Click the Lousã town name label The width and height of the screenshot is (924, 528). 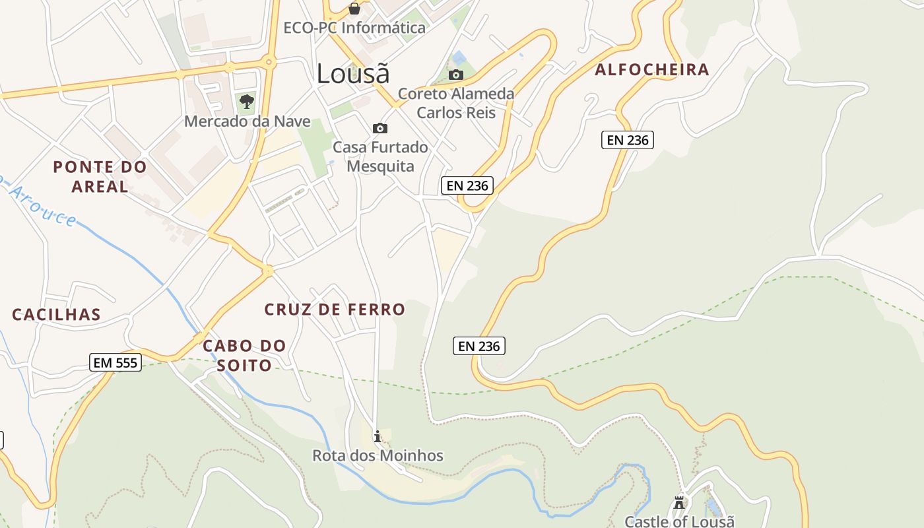pyautogui.click(x=353, y=73)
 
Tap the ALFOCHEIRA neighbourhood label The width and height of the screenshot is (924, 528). pyautogui.click(x=652, y=69)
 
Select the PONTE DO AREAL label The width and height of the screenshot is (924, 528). pyautogui.click(x=100, y=176)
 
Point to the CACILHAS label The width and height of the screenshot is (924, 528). pyautogui.click(x=56, y=315)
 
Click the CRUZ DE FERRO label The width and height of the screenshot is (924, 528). pyautogui.click(x=335, y=309)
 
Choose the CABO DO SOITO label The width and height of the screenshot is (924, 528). pyautogui.click(x=244, y=355)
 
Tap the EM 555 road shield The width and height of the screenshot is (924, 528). pyautogui.click(x=115, y=362)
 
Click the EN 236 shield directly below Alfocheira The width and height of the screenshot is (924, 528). pyautogui.click(x=627, y=140)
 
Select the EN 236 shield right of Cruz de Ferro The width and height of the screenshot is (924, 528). pyautogui.click(x=479, y=346)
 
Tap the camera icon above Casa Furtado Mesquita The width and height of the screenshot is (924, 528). pyautogui.click(x=380, y=128)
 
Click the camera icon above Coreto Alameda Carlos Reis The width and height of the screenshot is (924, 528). pyautogui.click(x=456, y=75)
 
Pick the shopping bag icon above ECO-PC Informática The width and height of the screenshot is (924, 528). pyautogui.click(x=354, y=9)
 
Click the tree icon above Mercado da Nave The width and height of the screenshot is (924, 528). pyautogui.click(x=246, y=102)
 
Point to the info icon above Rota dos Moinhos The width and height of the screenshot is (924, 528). pyautogui.click(x=378, y=436)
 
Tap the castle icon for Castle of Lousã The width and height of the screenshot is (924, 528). pyautogui.click(x=679, y=504)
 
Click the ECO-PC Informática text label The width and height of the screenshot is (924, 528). pyautogui.click(x=354, y=28)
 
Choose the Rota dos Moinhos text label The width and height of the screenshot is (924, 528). pyautogui.click(x=378, y=455)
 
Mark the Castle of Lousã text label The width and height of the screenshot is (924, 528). pyautogui.click(x=679, y=521)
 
